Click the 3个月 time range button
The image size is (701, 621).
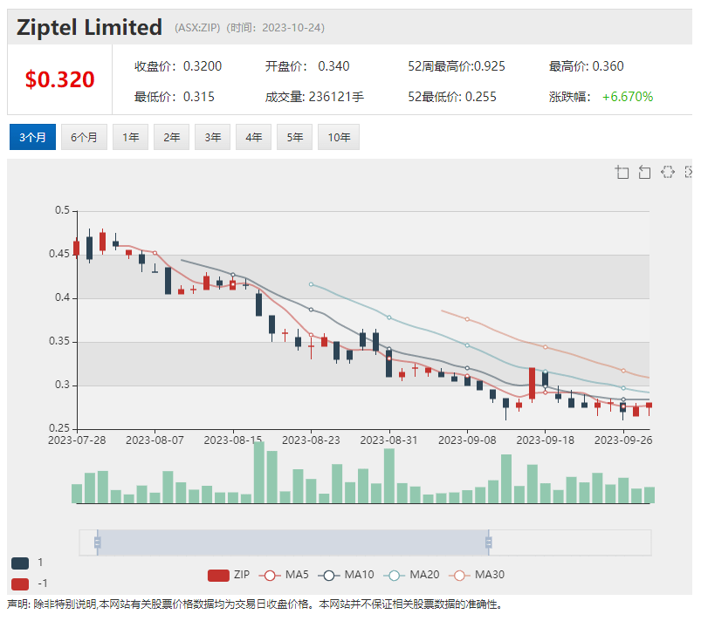[x=32, y=138]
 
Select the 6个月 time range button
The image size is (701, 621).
[x=84, y=138]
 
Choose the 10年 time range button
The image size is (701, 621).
[x=340, y=138]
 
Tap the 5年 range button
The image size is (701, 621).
[x=295, y=138]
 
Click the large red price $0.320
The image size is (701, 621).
[x=59, y=79]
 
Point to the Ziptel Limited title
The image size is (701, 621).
[x=90, y=27]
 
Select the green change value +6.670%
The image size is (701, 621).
[x=628, y=97]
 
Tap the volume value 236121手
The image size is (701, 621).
[x=336, y=97]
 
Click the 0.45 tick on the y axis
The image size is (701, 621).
[x=60, y=255]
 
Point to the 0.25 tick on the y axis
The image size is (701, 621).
[x=60, y=428]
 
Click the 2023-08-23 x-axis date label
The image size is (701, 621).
[x=311, y=441]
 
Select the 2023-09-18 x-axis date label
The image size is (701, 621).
[x=545, y=441]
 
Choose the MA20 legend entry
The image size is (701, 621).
[x=416, y=575]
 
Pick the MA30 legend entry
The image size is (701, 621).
[x=479, y=575]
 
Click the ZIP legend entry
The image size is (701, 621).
[x=230, y=575]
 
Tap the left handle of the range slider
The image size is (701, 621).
[x=98, y=543]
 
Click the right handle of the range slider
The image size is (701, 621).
[x=489, y=543]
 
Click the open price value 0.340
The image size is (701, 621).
[x=333, y=66]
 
